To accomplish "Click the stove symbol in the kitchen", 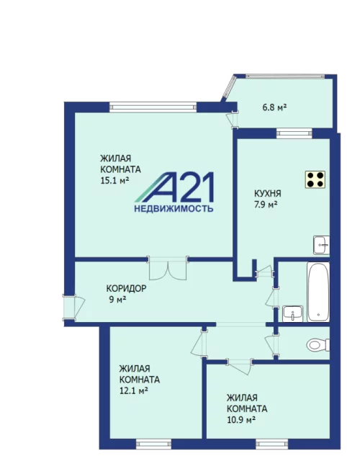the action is coord(315,179).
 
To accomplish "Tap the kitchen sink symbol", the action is coord(321,245).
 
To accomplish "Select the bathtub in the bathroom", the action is coord(318,292).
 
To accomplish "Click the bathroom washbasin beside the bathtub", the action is coord(293,314).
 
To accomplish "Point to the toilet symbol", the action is coord(318,345).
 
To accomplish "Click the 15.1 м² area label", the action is coord(114,181).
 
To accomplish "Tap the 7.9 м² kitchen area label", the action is coord(266,205).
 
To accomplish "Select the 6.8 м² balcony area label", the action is coord(274,107).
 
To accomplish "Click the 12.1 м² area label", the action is coord(134,391).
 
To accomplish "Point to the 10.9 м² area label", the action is coord(241,420).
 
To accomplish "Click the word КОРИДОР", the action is coord(127,289).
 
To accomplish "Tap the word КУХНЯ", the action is coord(268,194).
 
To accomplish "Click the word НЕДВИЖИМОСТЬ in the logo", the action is coord(174,208).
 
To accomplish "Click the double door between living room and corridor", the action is coord(168,268).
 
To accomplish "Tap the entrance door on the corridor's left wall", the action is coord(73,308).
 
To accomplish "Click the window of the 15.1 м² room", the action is coord(153,107).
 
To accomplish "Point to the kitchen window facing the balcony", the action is coord(294,133).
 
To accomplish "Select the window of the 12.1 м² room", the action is coord(153,445).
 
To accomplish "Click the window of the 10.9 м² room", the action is coord(271,445).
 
